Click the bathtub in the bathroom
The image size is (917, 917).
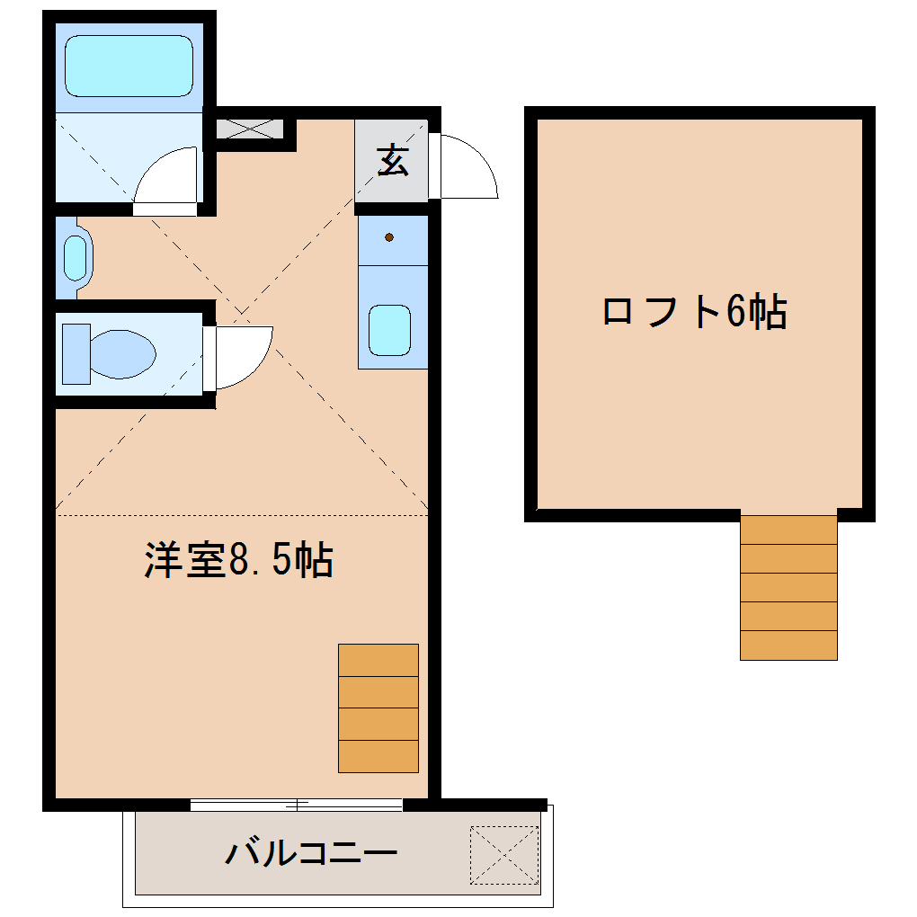click(129, 65)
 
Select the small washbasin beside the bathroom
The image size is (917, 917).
click(76, 258)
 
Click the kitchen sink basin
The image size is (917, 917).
click(389, 330)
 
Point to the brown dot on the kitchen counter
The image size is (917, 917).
click(389, 237)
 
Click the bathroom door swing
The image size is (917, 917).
click(166, 180)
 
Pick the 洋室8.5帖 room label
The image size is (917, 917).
click(238, 560)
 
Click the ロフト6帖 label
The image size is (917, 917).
click(694, 312)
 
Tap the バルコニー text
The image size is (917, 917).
click(310, 851)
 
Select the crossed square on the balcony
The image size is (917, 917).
click(504, 853)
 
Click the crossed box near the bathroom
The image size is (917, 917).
click(250, 129)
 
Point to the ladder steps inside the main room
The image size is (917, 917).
click(378, 708)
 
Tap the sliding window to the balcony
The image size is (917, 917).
click(297, 804)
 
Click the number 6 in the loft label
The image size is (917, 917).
click(735, 312)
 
